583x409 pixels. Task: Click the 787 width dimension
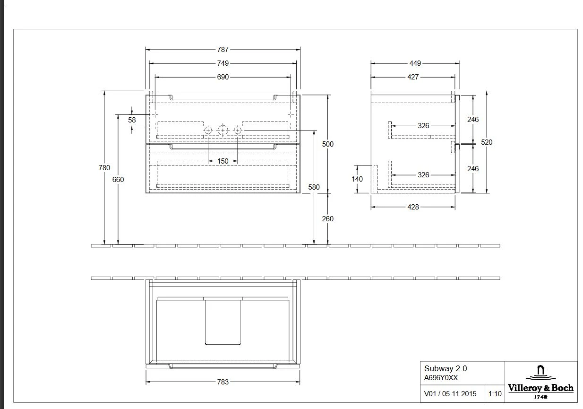(x=223, y=49)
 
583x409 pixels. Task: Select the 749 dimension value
(x=223, y=63)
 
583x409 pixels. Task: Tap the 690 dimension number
(x=223, y=77)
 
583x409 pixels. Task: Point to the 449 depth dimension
(x=415, y=63)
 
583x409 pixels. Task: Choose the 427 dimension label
(x=413, y=77)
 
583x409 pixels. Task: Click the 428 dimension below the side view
(x=413, y=207)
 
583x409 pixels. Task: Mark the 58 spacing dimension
(x=132, y=120)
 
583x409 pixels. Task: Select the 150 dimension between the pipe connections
(x=223, y=161)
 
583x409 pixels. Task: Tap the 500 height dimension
(x=327, y=144)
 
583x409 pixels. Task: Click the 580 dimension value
(x=314, y=187)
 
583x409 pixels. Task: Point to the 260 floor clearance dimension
(x=327, y=219)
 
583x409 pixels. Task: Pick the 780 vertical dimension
(x=104, y=168)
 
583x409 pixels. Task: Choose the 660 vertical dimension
(x=118, y=180)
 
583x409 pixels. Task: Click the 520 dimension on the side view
(x=487, y=142)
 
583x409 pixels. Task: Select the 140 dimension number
(x=357, y=179)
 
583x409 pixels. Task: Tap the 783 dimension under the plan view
(x=223, y=382)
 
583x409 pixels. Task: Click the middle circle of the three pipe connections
(x=223, y=130)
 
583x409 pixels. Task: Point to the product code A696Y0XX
(x=441, y=377)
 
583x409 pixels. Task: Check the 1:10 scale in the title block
(x=495, y=393)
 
